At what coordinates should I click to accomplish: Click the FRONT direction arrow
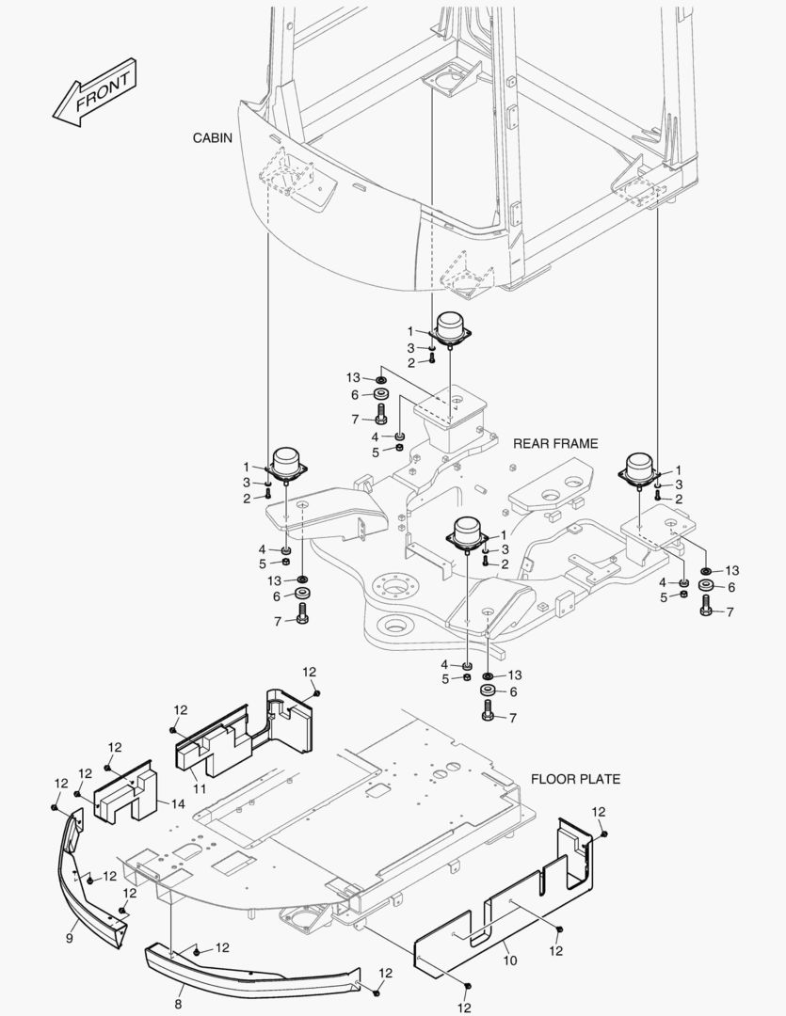click(94, 94)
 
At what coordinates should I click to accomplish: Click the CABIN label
click(212, 137)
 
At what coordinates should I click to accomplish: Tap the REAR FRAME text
click(555, 443)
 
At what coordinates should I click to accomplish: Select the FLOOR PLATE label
click(575, 779)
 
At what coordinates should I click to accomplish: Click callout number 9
click(71, 937)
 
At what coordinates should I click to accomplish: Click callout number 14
click(177, 804)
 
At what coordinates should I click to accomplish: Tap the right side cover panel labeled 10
click(508, 903)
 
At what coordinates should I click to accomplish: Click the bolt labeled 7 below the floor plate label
click(488, 714)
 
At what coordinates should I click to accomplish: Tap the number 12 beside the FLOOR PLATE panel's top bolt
click(599, 811)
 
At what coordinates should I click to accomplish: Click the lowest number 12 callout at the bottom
click(464, 1007)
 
